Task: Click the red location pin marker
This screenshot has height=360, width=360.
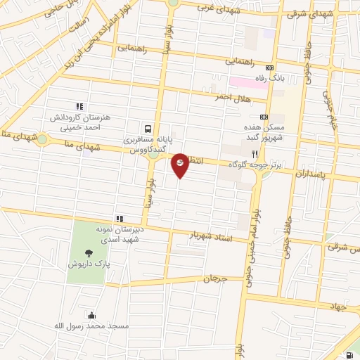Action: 180,165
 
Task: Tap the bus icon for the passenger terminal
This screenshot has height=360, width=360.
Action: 148,129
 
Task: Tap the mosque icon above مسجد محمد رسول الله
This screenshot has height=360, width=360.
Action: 90,315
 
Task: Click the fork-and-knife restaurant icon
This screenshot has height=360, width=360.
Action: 255,153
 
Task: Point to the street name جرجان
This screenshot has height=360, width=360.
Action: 217,278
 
